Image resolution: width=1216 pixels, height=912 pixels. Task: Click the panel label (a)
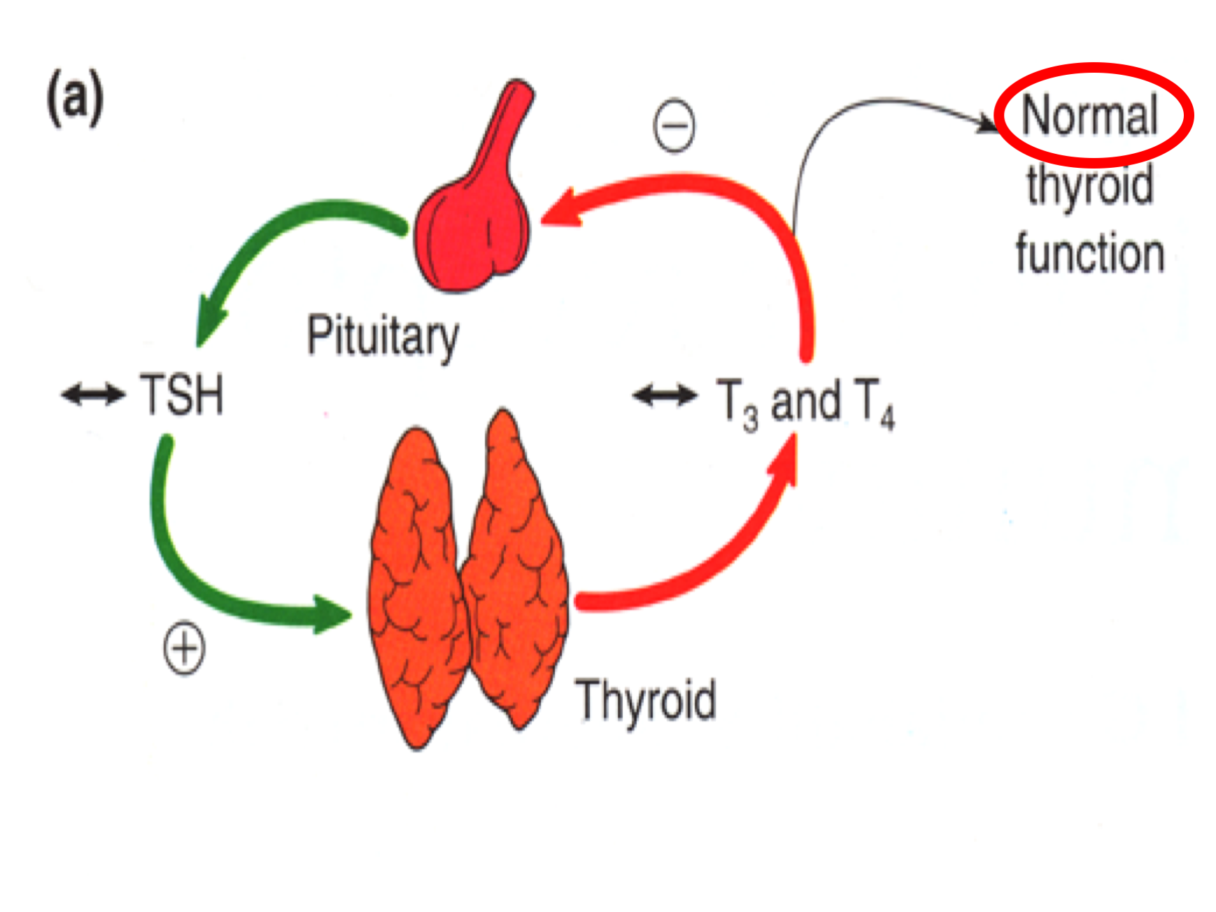click(75, 99)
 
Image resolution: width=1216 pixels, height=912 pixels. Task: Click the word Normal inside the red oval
click(1089, 115)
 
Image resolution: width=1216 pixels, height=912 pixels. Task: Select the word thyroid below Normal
click(1089, 186)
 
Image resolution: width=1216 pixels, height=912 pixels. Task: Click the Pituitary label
click(383, 337)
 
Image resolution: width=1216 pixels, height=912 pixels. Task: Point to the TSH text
click(183, 395)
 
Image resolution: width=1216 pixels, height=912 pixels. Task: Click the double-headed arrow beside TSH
click(93, 394)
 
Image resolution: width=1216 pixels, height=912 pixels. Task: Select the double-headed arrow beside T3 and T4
click(665, 395)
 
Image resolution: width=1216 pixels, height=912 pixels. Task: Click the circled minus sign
click(674, 126)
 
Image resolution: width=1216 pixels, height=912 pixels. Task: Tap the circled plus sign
click(184, 648)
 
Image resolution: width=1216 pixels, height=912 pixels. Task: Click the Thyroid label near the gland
click(645, 699)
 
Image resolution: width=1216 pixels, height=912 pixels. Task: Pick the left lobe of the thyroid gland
click(416, 587)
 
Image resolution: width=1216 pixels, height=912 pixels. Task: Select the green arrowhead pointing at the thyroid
click(329, 614)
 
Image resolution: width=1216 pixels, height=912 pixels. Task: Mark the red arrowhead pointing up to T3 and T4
click(785, 458)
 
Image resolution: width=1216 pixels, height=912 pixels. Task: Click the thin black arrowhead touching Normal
click(988, 124)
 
